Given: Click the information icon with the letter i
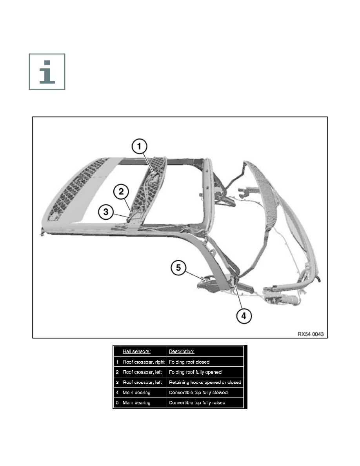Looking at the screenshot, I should pyautogui.click(x=47, y=72).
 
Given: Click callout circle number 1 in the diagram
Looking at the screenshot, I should pyautogui.click(x=140, y=147).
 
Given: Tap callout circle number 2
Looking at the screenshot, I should pyautogui.click(x=122, y=192).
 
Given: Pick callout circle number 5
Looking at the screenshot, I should pyautogui.click(x=178, y=269).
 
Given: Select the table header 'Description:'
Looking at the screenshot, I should pyautogui.click(x=182, y=351).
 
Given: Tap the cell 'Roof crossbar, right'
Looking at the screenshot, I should pyautogui.click(x=144, y=362).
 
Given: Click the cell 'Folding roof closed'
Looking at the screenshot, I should pyautogui.click(x=189, y=362).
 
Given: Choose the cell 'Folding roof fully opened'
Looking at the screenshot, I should pyautogui.click(x=195, y=372).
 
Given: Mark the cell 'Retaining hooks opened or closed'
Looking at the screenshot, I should pyautogui.click(x=205, y=382).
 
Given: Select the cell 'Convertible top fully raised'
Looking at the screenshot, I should pyautogui.click(x=197, y=403).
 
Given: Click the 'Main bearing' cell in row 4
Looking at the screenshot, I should pyautogui.click(x=136, y=392).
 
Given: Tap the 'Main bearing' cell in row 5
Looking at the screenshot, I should pyautogui.click(x=136, y=403).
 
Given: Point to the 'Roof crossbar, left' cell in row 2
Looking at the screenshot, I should pyautogui.click(x=142, y=372).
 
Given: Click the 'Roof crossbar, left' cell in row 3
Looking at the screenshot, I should pyautogui.click(x=142, y=382).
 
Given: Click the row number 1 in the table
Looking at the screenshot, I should pyautogui.click(x=117, y=362).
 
